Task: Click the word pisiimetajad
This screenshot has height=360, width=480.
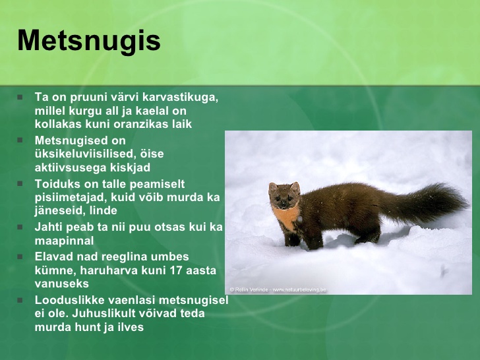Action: click(71, 197)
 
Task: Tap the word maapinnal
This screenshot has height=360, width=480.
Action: click(65, 241)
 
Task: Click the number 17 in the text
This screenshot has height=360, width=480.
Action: click(176, 270)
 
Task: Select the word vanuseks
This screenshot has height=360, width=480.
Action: click(61, 284)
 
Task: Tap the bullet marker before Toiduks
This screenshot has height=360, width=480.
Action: click(20, 184)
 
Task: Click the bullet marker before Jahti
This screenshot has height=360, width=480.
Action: click(20, 227)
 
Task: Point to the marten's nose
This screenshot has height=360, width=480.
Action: click(283, 203)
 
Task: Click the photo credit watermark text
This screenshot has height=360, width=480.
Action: click(278, 289)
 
